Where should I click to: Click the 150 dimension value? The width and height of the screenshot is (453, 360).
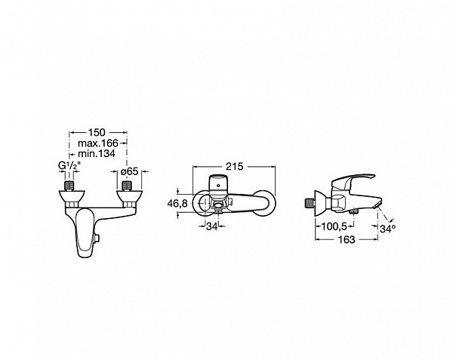coord(97,133)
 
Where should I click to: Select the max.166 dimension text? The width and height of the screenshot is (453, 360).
coord(98,143)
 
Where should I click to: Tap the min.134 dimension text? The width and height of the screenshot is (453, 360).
coord(97,153)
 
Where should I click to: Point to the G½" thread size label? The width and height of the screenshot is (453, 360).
coord(69,166)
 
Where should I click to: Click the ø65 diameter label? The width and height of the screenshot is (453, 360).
coord(129,171)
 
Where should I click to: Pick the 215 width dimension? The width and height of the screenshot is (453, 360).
coord(235,167)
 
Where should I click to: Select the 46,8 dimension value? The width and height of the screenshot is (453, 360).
coord(177,203)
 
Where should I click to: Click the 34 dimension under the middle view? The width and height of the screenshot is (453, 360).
coord(211,226)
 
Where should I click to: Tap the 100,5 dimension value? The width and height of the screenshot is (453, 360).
coord(334,226)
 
